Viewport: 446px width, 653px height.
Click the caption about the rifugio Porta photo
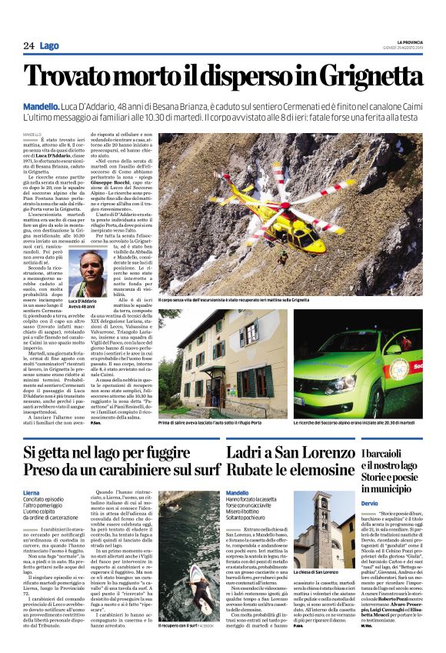225,423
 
